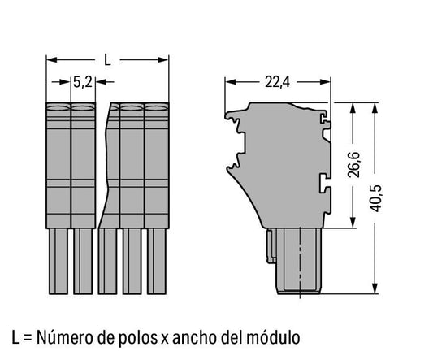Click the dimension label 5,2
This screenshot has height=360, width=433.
(x=83, y=82)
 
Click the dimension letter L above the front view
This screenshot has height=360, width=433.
(x=107, y=60)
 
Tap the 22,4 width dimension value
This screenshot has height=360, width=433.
(x=277, y=82)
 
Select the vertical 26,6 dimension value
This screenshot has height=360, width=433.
(x=353, y=165)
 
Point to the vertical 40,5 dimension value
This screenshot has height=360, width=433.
(x=376, y=198)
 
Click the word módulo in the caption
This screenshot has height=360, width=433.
(x=274, y=337)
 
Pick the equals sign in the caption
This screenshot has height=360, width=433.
(x=28, y=338)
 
